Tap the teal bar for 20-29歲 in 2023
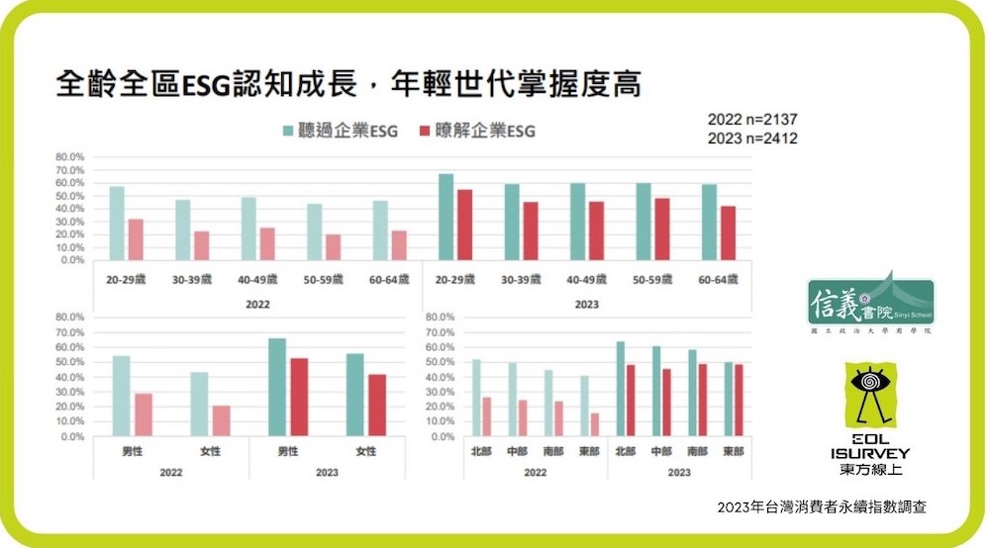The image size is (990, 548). click(446, 218)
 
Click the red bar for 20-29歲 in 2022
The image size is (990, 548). click(136, 239)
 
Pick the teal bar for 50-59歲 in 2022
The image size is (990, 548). click(314, 232)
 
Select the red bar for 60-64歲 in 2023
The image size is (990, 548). click(728, 233)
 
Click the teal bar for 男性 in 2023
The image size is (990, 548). click(277, 387)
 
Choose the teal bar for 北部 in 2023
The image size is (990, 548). click(621, 389)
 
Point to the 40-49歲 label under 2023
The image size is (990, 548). click(587, 280)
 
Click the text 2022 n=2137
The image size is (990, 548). click(752, 119)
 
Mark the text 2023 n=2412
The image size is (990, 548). click(752, 138)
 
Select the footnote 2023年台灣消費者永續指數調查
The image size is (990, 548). click(822, 506)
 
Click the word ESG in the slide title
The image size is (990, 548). click(204, 83)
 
